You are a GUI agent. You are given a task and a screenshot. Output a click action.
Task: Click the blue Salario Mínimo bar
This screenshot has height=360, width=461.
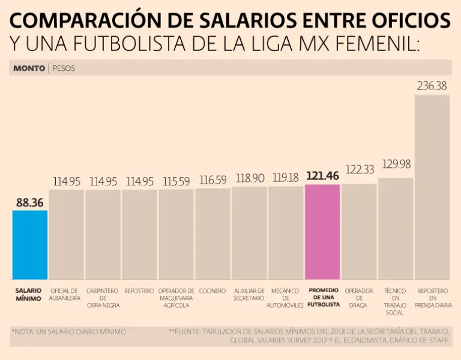click(29, 245)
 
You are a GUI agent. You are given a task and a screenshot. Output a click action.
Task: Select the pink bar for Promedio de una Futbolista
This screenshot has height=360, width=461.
click(322, 232)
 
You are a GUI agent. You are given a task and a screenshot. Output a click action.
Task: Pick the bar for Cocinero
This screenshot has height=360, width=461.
click(212, 234)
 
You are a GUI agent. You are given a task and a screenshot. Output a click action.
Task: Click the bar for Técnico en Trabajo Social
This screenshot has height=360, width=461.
click(396, 229)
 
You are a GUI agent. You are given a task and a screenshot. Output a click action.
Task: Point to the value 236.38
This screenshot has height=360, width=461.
click(432, 86)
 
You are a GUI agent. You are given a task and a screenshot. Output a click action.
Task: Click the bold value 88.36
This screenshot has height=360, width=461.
click(29, 202)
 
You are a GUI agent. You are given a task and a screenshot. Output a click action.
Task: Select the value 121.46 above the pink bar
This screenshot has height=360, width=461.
click(322, 176)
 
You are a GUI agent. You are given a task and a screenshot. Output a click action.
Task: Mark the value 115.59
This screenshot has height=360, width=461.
click(176, 181)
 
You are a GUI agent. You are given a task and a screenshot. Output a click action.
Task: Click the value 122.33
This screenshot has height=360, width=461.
click(359, 170)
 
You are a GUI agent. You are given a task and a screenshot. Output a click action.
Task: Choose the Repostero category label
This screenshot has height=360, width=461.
click(139, 291)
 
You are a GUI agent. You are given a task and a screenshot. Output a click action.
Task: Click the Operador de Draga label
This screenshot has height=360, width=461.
click(359, 298)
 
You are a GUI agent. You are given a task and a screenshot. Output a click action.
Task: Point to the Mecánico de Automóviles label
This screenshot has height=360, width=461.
click(286, 298)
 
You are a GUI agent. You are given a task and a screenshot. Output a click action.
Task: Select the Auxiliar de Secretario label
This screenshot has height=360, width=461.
click(249, 294)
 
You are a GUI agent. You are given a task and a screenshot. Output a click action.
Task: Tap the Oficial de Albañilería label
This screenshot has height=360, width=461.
click(66, 294)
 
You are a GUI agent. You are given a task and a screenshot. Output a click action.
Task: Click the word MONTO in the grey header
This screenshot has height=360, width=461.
click(29, 68)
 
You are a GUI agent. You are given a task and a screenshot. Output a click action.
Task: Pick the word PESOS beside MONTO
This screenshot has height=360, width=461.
click(64, 68)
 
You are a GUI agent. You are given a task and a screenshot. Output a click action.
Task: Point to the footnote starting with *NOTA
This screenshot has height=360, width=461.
click(68, 331)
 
